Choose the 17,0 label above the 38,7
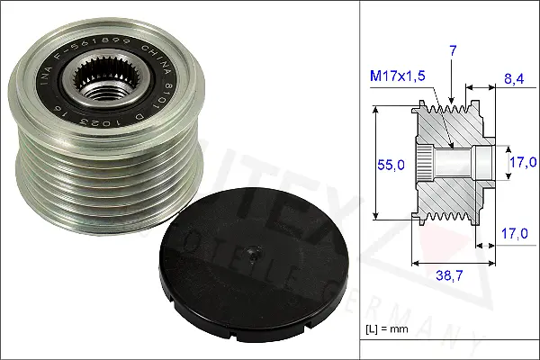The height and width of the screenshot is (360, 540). click(514, 233)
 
